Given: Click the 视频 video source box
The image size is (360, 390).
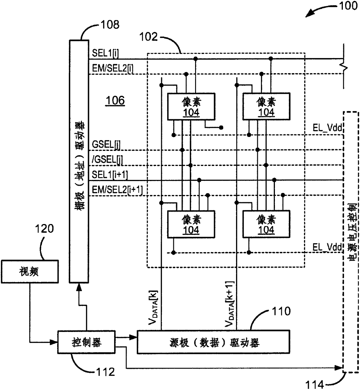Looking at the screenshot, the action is click(x=30, y=272).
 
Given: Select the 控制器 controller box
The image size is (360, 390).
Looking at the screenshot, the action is click(x=86, y=342).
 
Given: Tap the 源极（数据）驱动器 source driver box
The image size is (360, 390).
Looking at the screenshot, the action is click(x=213, y=342).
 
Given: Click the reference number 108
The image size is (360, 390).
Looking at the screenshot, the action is click(x=110, y=25).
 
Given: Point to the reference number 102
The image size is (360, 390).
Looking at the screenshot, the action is click(x=149, y=37).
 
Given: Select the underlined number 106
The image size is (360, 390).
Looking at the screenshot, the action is click(x=115, y=100).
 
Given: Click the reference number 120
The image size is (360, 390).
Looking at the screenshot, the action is click(x=44, y=229).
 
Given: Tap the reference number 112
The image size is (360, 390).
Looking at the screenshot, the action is click(x=105, y=372).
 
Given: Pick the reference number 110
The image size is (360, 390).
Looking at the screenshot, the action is click(x=281, y=311).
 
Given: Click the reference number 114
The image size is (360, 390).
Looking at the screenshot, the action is click(x=315, y=384).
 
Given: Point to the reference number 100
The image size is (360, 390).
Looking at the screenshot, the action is click(x=348, y=6).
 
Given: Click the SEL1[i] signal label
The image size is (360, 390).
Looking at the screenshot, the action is click(x=105, y=53).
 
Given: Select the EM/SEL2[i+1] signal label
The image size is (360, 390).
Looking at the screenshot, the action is click(x=117, y=190).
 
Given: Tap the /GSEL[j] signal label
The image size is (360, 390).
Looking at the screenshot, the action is click(x=107, y=159).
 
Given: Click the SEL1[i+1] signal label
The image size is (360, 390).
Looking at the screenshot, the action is click(x=110, y=175).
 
